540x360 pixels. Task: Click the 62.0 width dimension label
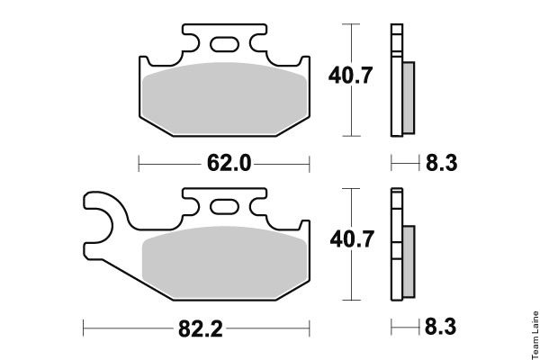(229, 163)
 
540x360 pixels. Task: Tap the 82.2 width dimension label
(201, 328)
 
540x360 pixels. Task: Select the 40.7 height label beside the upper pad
(350, 76)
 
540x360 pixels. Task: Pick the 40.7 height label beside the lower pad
(352, 239)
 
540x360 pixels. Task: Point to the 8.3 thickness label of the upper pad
(442, 163)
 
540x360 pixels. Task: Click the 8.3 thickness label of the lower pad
(440, 327)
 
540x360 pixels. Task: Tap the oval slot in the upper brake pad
(224, 44)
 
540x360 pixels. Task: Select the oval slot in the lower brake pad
(224, 207)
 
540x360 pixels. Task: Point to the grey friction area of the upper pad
(224, 98)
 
